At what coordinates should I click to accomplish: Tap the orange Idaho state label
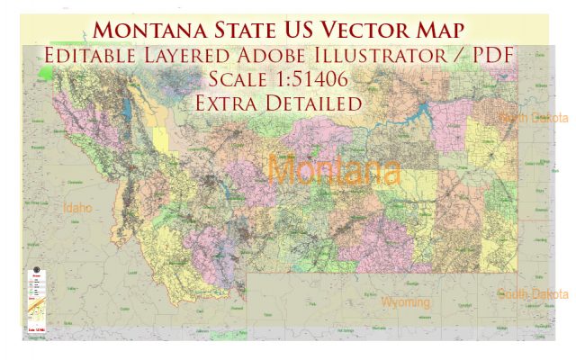click(79, 208)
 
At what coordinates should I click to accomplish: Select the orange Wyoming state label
click(405, 302)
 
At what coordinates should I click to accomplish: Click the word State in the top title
click(255, 28)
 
